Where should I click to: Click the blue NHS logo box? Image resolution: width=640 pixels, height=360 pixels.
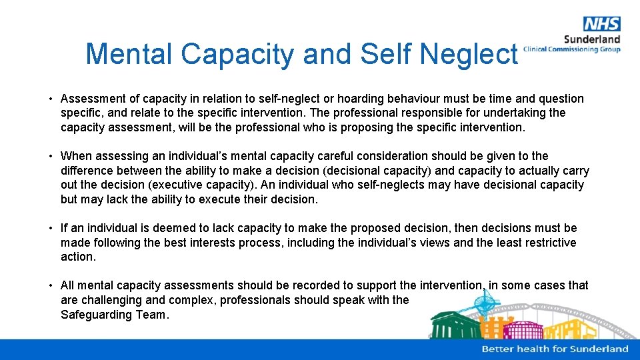pyautogui.click(x=601, y=24)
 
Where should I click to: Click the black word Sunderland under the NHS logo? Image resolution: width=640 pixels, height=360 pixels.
pyautogui.click(x=592, y=39)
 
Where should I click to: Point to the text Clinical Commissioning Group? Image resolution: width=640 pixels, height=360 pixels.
pyautogui.click(x=572, y=49)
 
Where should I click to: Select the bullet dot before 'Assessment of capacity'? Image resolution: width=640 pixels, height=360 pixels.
pyautogui.click(x=51, y=99)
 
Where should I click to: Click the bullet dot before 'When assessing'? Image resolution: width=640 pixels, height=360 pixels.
pyautogui.click(x=51, y=156)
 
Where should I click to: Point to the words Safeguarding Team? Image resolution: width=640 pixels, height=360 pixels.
pyautogui.click(x=114, y=315)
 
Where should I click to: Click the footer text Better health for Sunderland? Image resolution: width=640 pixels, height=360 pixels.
pyautogui.click(x=555, y=349)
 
